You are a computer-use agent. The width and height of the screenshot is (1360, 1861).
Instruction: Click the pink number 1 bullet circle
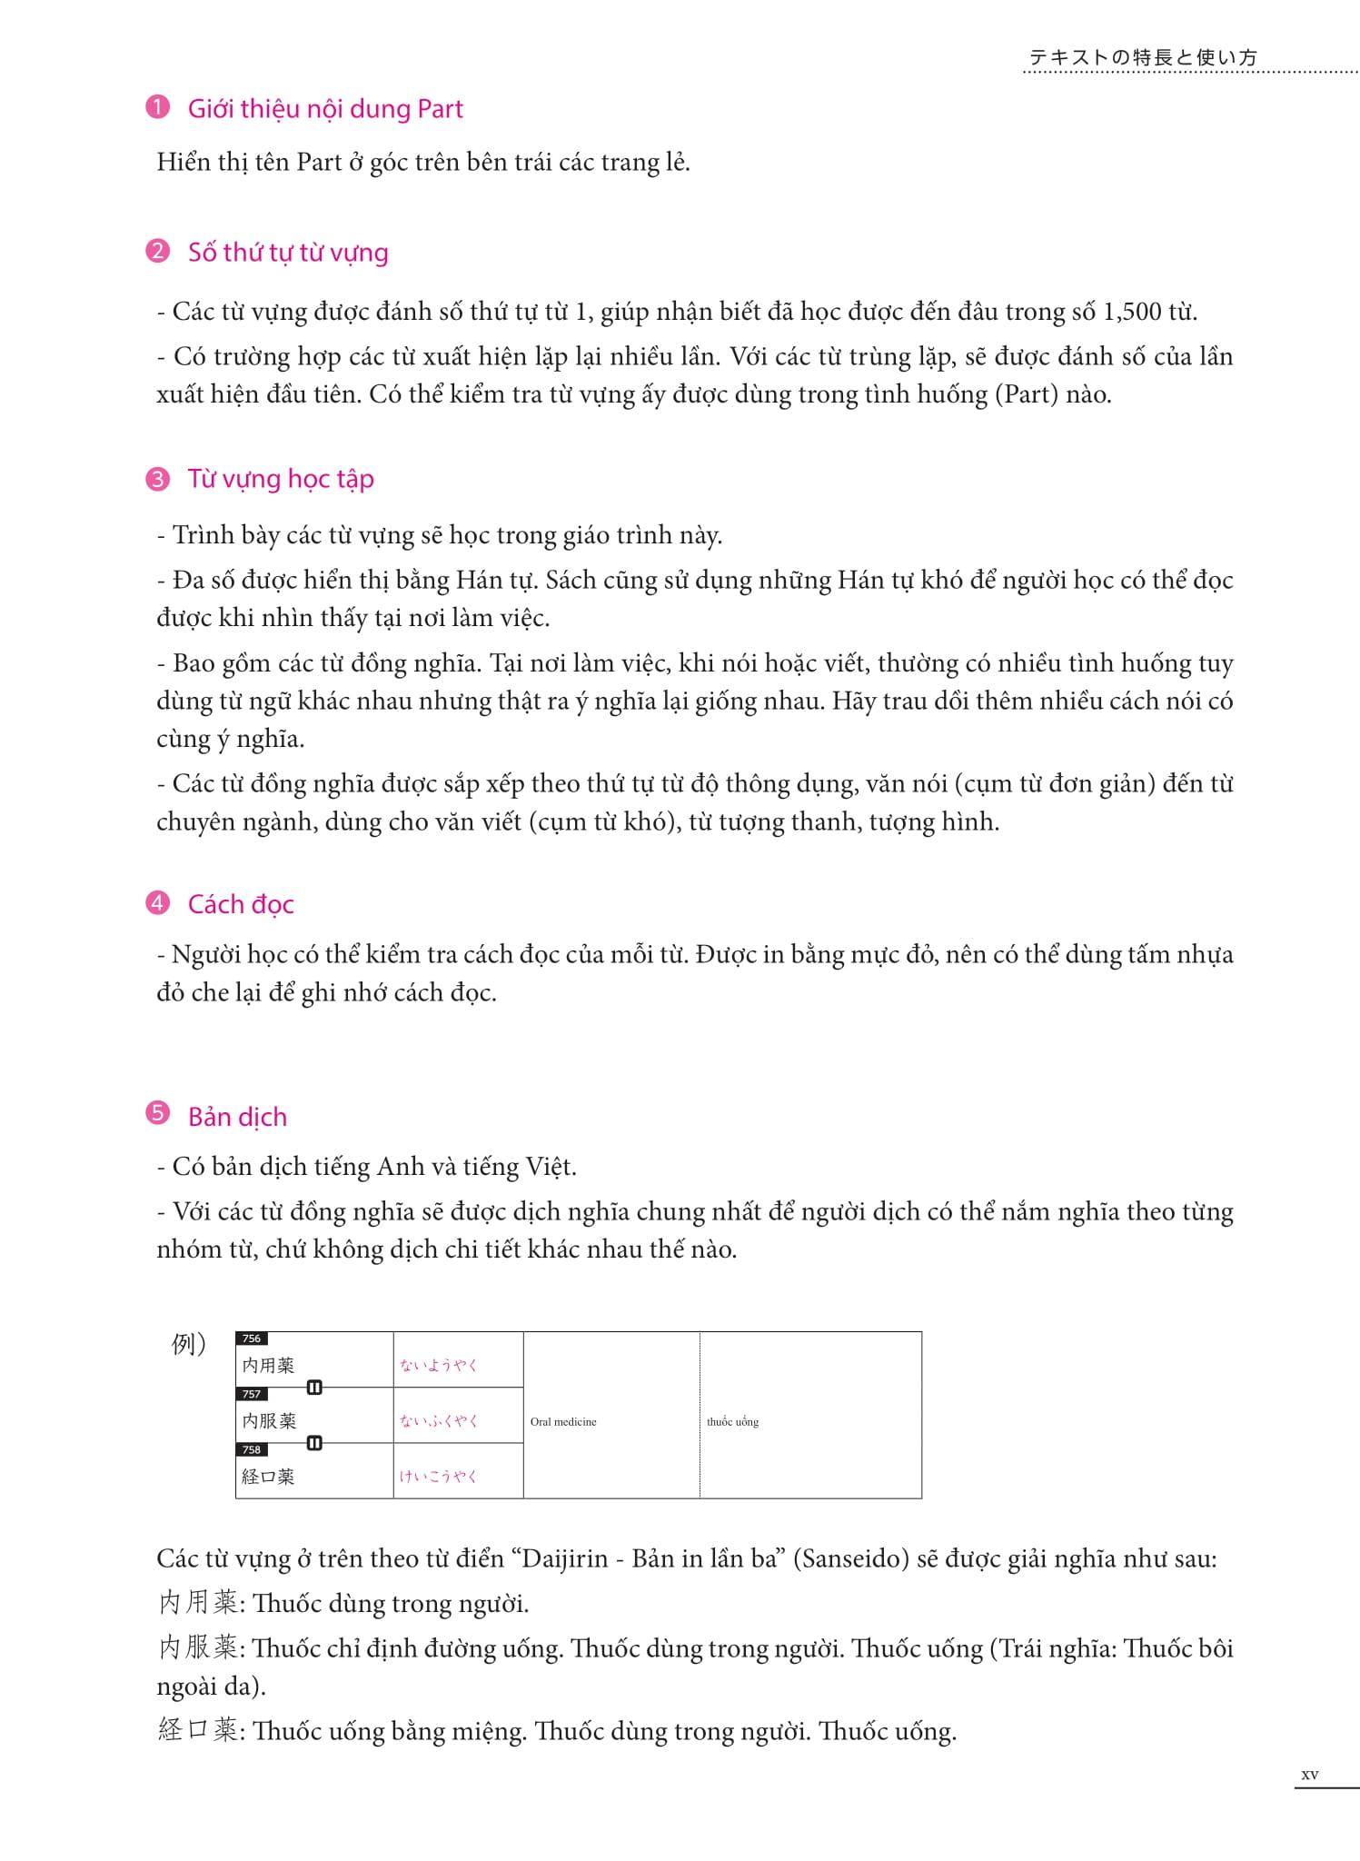pyautogui.click(x=157, y=108)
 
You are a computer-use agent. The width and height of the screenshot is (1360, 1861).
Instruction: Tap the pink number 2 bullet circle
pyautogui.click(x=157, y=251)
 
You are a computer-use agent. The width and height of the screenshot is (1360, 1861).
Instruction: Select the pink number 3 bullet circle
pyautogui.click(x=157, y=478)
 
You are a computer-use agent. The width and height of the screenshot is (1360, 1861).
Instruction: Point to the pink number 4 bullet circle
pyautogui.click(x=157, y=903)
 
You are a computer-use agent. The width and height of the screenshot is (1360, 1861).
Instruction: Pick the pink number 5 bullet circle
pyautogui.click(x=157, y=1114)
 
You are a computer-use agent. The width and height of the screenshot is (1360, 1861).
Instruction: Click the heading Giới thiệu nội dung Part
pyautogui.click(x=325, y=109)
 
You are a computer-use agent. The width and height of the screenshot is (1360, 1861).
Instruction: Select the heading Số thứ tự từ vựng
pyautogui.click(x=288, y=253)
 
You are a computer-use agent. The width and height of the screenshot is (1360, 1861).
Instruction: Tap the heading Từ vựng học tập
pyautogui.click(x=281, y=479)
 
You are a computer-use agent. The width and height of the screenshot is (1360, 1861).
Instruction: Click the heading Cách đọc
pyautogui.click(x=241, y=904)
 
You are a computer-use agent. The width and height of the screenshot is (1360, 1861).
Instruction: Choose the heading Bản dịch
pyautogui.click(x=237, y=1117)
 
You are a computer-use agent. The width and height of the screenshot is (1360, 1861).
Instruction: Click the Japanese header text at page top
pyautogui.click(x=1143, y=57)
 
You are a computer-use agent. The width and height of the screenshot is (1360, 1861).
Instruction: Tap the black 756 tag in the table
pyautogui.click(x=252, y=1339)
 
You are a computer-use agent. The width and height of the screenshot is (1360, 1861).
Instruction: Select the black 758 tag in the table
pyautogui.click(x=252, y=1449)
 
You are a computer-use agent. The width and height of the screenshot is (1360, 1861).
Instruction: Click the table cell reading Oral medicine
pyautogui.click(x=563, y=1422)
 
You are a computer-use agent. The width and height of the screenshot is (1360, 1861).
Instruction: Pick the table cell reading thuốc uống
pyautogui.click(x=732, y=1422)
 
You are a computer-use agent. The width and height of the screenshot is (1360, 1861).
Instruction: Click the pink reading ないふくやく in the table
pyautogui.click(x=438, y=1421)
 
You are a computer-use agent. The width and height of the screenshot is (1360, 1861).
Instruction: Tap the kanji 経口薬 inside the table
pyautogui.click(x=268, y=1477)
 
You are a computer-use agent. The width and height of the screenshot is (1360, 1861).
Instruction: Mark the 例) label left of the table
pyautogui.click(x=189, y=1344)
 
